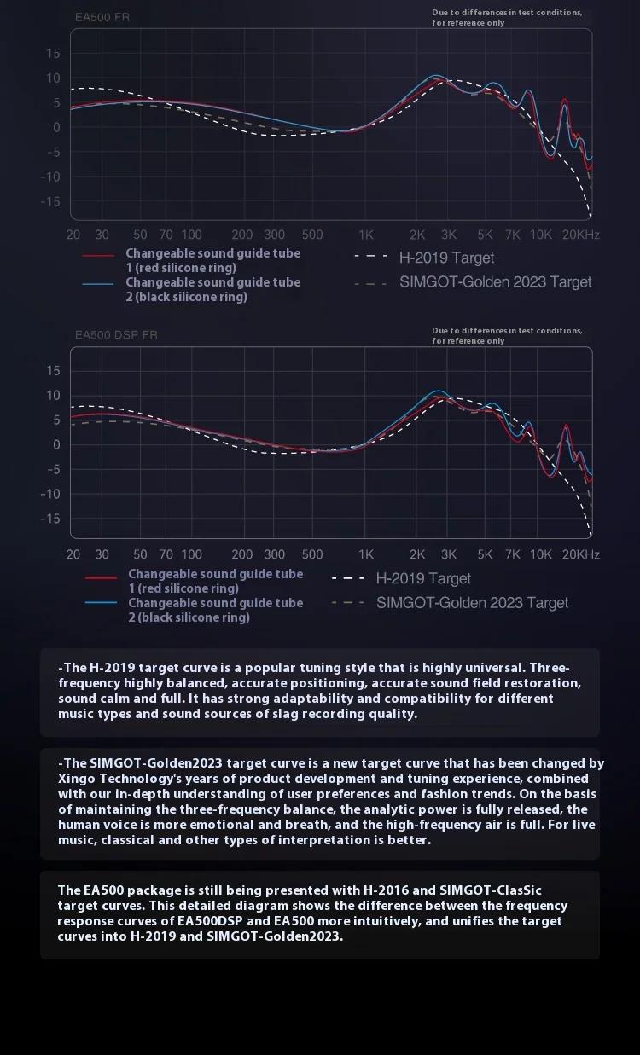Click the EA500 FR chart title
coord(102,17)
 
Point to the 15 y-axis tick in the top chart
coord(53,54)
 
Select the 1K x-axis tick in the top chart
coord(366,235)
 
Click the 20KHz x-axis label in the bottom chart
coord(580,554)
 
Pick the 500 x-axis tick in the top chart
coord(312,235)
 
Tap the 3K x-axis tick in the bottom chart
coord(449,554)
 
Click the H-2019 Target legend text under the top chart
coord(446,258)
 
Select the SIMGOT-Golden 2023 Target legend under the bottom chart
coord(472,603)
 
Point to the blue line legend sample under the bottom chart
coord(101,603)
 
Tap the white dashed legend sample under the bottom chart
coord(347,578)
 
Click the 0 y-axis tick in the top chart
coord(57,128)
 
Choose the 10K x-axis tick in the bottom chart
coord(541,554)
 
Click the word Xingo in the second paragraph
coord(77,779)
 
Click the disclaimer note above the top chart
coord(507,18)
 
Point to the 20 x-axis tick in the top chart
coord(73,235)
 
